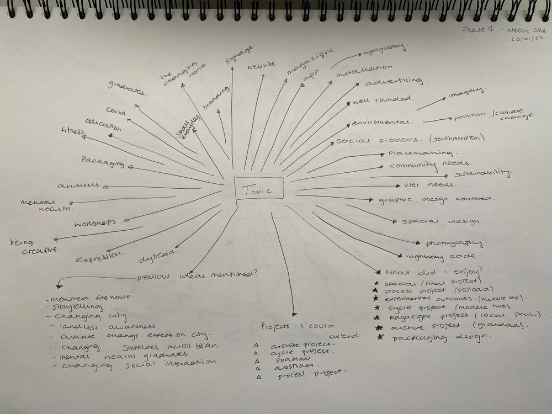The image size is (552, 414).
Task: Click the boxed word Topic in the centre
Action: click(x=259, y=190)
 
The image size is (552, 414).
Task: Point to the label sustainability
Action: click(x=483, y=173)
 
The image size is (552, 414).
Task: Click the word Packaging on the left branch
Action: click(x=102, y=162)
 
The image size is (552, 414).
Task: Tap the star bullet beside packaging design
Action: click(x=380, y=337)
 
